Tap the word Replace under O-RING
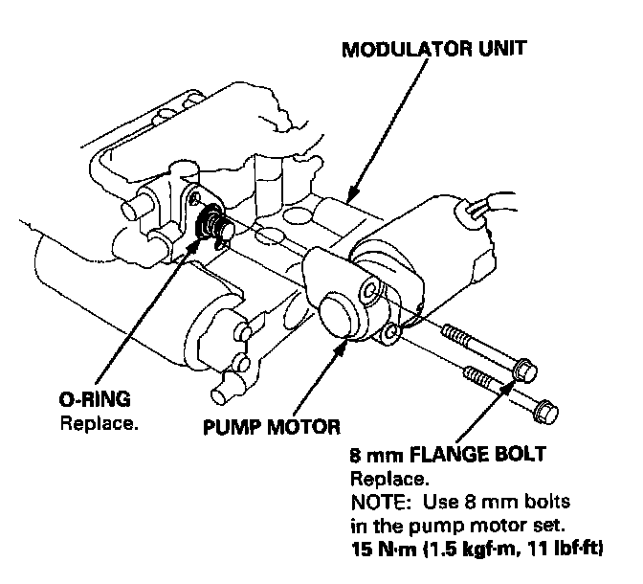(x=100, y=422)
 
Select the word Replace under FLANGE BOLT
(x=388, y=478)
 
